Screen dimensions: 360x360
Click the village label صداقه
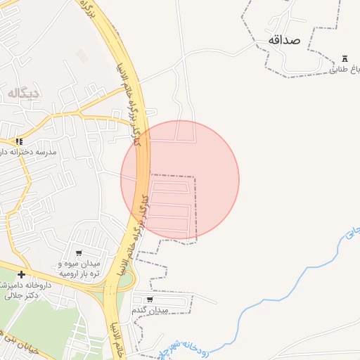(284, 40)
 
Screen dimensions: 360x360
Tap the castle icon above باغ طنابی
(345, 58)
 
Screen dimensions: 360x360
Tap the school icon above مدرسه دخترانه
(20, 141)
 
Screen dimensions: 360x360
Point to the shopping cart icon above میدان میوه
(79, 253)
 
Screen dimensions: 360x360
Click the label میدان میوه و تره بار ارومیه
(79, 268)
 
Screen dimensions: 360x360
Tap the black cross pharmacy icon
(21, 274)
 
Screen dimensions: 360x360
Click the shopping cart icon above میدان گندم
(150, 300)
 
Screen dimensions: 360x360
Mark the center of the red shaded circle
(180, 179)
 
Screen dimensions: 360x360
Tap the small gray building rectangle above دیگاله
(83, 56)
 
